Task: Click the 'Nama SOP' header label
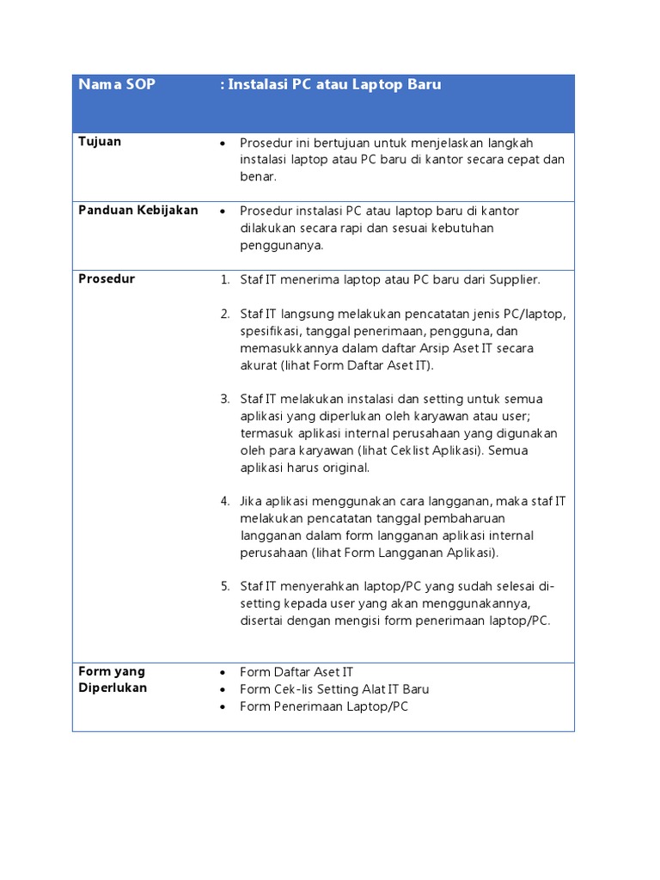click(x=117, y=85)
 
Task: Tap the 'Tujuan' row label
click(x=100, y=142)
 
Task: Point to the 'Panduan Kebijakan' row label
click(x=138, y=211)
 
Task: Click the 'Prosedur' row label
click(x=107, y=279)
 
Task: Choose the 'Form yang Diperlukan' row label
click(x=113, y=680)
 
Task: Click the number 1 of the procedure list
click(x=224, y=280)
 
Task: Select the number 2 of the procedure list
click(x=224, y=314)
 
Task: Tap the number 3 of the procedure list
click(x=224, y=399)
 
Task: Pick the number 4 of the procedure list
click(x=224, y=501)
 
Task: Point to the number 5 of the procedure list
click(x=224, y=586)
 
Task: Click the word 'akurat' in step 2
click(x=259, y=365)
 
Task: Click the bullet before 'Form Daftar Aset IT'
click(x=223, y=673)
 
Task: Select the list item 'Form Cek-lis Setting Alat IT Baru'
click(x=334, y=689)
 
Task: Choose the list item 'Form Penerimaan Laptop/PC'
click(x=324, y=706)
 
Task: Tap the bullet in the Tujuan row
click(x=223, y=143)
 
